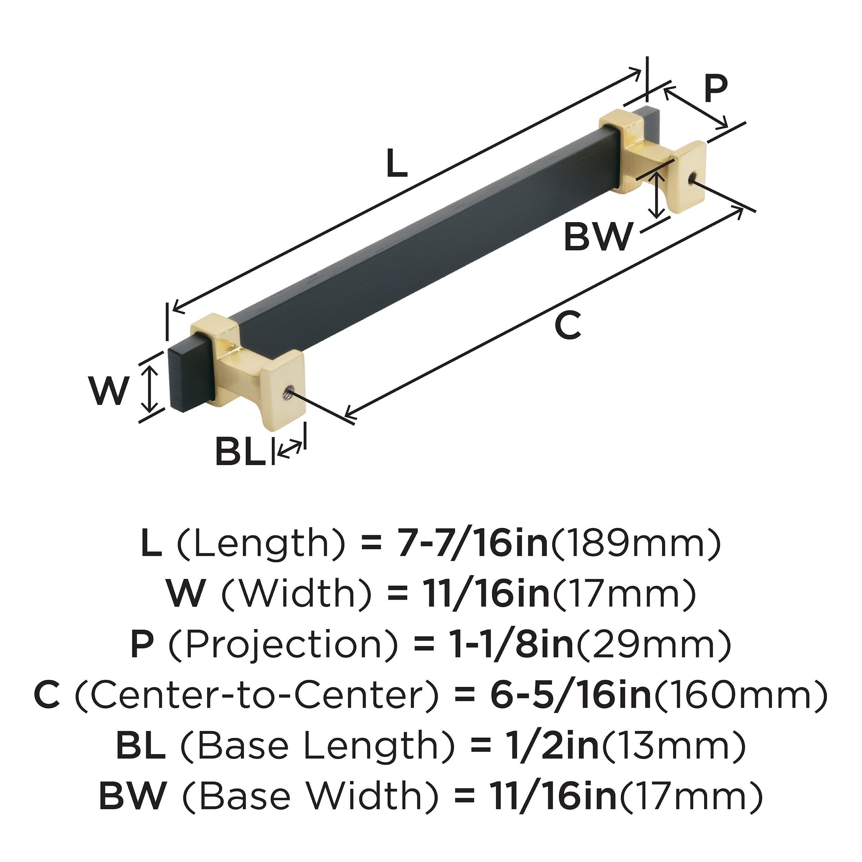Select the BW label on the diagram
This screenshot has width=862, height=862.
pos(598,237)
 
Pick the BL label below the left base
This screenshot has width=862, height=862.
pos(240,452)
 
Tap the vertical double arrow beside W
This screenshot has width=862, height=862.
pos(150,387)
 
